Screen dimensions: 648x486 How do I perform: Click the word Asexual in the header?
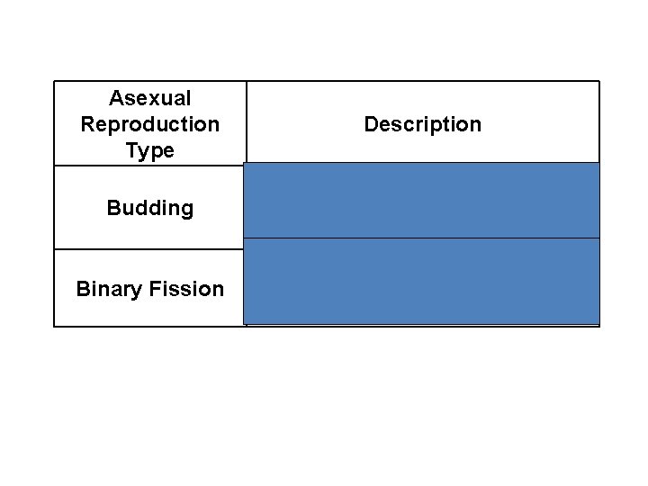coord(149,97)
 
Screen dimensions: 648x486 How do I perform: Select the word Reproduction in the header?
coord(149,123)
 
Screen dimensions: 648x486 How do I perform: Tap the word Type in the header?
coord(149,150)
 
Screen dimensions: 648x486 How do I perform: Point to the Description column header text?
coord(422,124)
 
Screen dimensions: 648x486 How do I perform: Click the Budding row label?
coord(149,208)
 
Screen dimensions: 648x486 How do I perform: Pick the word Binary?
coord(103,289)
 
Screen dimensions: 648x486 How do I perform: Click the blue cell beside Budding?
coord(422,201)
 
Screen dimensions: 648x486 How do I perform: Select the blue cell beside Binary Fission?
coord(422,281)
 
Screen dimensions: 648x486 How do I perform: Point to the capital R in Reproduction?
coord(86,123)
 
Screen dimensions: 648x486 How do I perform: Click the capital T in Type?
coord(131,150)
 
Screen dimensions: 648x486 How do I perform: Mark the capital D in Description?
coord(370,124)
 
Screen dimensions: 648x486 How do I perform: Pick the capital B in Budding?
coord(112,208)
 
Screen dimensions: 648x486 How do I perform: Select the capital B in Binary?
coord(82,289)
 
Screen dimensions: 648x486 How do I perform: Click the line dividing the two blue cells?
coord(422,238)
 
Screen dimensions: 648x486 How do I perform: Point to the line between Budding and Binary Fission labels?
coord(149,249)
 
